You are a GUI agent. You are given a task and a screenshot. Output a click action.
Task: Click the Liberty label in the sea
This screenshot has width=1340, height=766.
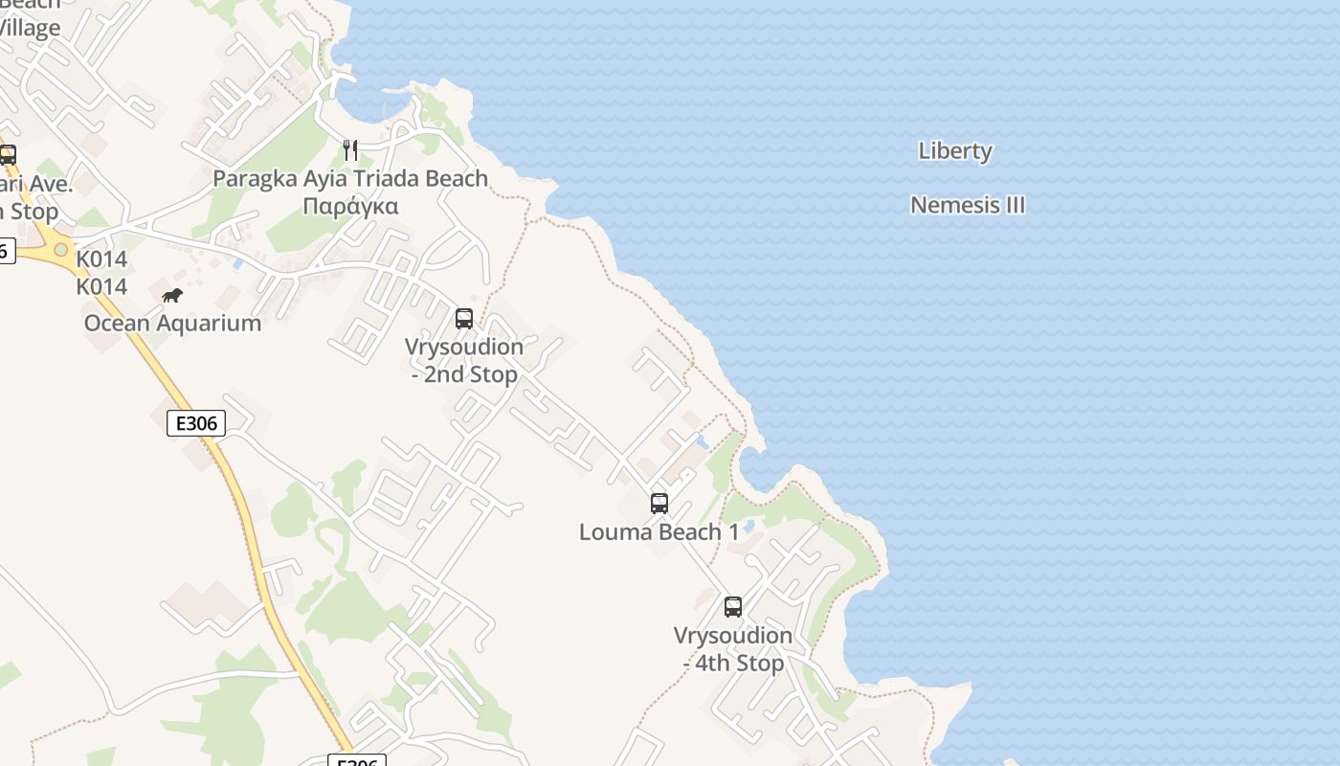[x=955, y=151]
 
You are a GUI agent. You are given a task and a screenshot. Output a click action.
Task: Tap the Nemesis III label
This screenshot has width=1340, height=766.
[x=968, y=205]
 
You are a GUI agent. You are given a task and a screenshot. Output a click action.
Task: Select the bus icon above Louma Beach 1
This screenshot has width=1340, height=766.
[x=659, y=504]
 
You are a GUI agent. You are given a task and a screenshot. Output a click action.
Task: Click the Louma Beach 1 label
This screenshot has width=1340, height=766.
[x=659, y=532]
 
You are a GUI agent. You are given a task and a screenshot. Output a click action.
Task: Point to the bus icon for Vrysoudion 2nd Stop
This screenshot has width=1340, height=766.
[x=464, y=319]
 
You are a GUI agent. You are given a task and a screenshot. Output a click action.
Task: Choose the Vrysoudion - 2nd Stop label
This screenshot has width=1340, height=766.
[x=464, y=360]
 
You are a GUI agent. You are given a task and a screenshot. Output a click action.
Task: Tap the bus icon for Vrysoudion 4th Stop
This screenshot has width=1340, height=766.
[x=733, y=606]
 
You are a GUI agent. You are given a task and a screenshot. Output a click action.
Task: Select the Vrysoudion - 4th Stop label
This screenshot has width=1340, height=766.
[x=733, y=649]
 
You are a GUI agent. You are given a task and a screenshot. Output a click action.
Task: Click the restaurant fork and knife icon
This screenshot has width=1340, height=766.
[x=350, y=150]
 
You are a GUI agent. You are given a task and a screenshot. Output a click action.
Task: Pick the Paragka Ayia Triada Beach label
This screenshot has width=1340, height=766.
[x=350, y=179]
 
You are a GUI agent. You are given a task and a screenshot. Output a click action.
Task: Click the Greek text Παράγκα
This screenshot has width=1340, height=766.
[x=350, y=207]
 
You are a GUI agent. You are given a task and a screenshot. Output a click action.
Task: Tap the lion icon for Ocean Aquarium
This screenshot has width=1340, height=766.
[x=172, y=296]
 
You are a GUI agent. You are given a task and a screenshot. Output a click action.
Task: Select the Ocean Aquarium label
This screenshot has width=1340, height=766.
[x=172, y=323]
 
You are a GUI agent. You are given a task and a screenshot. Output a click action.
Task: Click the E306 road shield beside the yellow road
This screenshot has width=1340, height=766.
[x=196, y=423]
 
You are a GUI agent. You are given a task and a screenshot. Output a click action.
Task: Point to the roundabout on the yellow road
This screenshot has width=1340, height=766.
[x=61, y=250]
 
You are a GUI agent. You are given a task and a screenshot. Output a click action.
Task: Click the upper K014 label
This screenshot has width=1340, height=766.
[x=101, y=259]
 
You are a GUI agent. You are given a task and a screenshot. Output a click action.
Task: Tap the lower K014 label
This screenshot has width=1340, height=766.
[x=101, y=286]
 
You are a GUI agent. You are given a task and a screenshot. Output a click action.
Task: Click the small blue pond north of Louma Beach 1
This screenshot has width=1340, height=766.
[x=703, y=442]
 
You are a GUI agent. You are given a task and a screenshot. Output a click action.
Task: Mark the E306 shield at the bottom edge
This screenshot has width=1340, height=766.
[x=357, y=761]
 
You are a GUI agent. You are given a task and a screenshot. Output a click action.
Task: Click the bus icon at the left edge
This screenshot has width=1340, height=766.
[x=8, y=155]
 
